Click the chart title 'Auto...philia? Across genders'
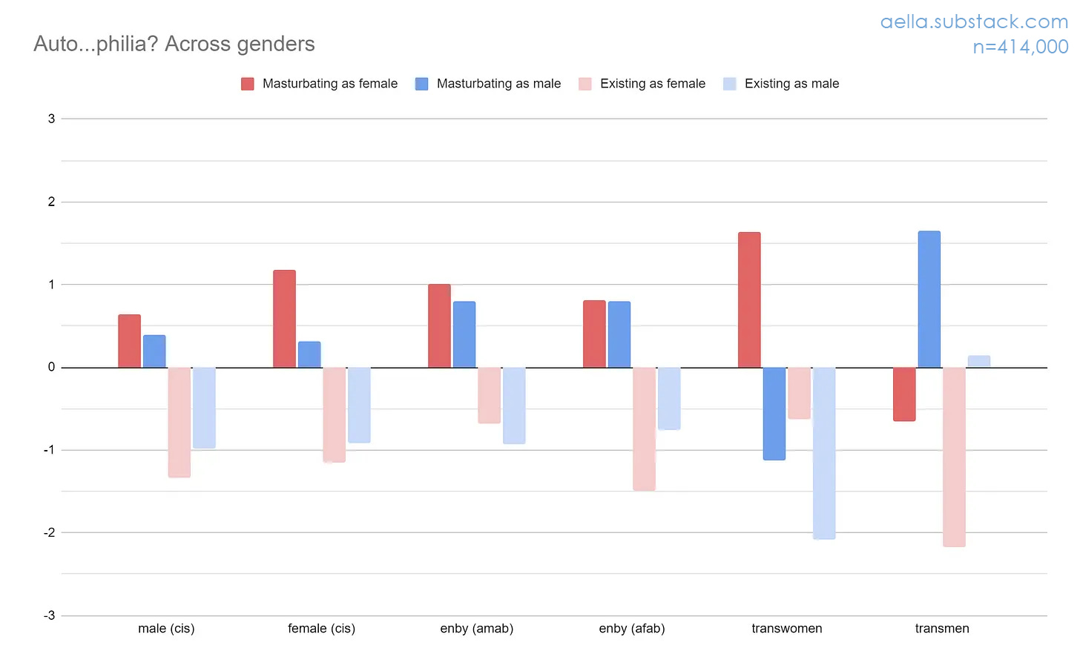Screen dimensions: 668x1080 (x=174, y=44)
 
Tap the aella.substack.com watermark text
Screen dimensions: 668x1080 (x=973, y=22)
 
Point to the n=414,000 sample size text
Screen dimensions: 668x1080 (x=1020, y=47)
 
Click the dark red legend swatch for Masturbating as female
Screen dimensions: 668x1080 (x=248, y=84)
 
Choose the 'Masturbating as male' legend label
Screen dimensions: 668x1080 (x=498, y=84)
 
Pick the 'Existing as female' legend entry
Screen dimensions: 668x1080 (x=652, y=84)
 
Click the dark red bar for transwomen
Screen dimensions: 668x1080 (x=749, y=300)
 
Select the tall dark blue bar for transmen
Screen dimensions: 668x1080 (x=929, y=299)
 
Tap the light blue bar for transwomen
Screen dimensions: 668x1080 (x=824, y=452)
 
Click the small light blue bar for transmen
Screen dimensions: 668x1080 (x=978, y=361)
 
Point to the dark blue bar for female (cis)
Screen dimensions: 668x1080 (x=309, y=354)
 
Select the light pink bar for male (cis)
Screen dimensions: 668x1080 (x=180, y=422)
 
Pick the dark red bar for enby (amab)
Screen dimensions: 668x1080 (x=439, y=325)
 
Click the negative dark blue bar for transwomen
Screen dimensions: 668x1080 (x=774, y=413)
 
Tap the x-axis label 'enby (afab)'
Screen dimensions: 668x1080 (x=632, y=629)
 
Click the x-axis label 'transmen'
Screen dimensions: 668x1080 (x=942, y=629)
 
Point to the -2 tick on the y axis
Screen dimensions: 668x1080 (x=50, y=532)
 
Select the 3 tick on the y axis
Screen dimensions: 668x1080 (x=51, y=119)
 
